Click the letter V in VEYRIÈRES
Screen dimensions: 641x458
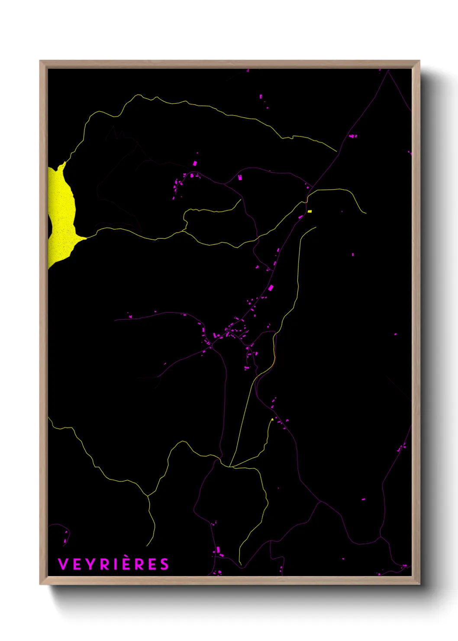63,564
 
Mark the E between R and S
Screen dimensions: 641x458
152,564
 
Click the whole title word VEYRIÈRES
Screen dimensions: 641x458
113,564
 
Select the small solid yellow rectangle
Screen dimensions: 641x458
310,211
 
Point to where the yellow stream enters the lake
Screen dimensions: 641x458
85,238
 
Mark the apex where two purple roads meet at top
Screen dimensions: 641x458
388,71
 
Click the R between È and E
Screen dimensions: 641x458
139,564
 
